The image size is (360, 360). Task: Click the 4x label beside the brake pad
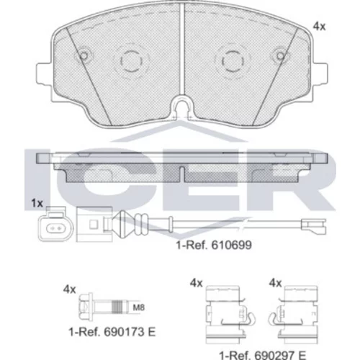[x=319, y=27]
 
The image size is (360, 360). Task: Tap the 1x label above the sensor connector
[x=37, y=203]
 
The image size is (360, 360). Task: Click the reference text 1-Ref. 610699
[x=214, y=245]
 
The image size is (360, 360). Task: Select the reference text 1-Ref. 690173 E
[x=112, y=332]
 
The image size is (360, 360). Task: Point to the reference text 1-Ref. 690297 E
[x=262, y=355]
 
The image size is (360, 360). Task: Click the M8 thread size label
[x=139, y=307]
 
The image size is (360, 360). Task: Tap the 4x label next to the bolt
[x=69, y=289]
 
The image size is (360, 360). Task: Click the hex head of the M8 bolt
[x=86, y=306]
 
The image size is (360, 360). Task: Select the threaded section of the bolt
[x=117, y=307]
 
